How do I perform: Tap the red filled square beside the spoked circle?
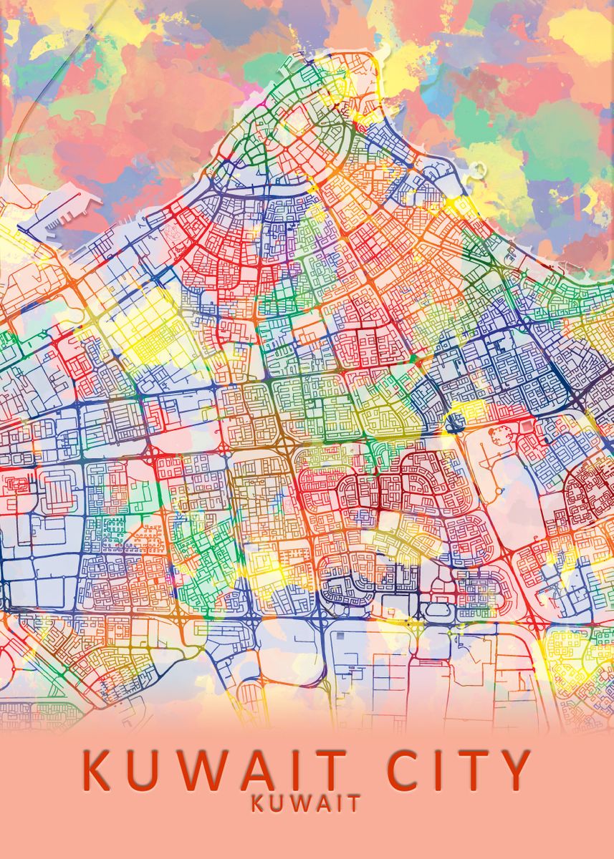(527, 427)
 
